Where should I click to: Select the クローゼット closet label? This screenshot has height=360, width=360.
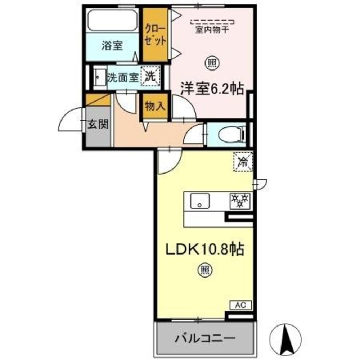[156, 35]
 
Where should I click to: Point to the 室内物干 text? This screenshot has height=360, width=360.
[212, 31]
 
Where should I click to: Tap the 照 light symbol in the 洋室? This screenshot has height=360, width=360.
[211, 63]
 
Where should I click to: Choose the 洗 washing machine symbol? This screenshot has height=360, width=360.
[150, 77]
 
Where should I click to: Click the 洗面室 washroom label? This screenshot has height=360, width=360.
[123, 77]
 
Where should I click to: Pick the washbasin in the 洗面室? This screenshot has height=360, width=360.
[97, 77]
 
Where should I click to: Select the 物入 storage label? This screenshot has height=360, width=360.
[155, 106]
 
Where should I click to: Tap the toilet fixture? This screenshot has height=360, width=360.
[234, 134]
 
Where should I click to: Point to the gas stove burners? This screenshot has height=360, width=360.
[240, 201]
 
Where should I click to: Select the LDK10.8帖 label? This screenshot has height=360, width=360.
[204, 249]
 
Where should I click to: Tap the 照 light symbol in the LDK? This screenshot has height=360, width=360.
[204, 270]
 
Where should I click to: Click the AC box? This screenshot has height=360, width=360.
[240, 305]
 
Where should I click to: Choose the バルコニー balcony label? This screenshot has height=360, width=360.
[206, 338]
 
